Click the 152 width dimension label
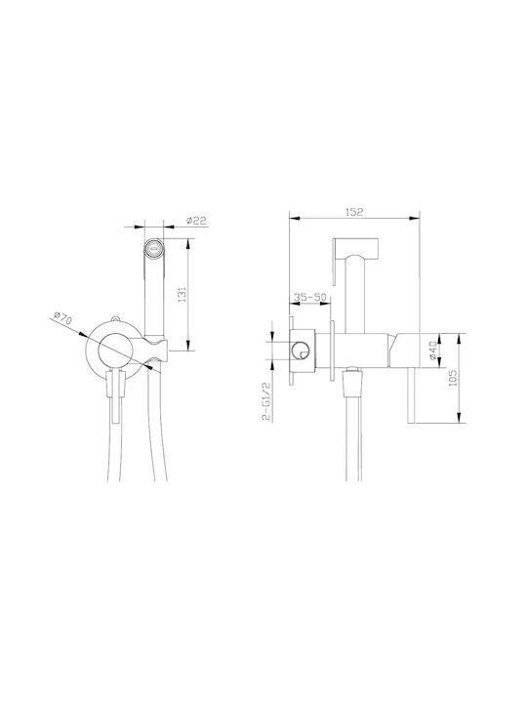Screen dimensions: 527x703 tap(354, 212)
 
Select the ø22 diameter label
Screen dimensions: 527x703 tap(196, 220)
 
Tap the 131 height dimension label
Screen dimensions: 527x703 tap(182, 294)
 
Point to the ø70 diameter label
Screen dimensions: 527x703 tap(62, 318)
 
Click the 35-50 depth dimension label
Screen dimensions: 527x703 tap(310, 297)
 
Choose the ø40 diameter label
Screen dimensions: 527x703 tap(432, 350)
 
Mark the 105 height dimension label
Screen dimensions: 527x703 tap(452, 378)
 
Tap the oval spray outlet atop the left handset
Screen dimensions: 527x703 tap(154, 247)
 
